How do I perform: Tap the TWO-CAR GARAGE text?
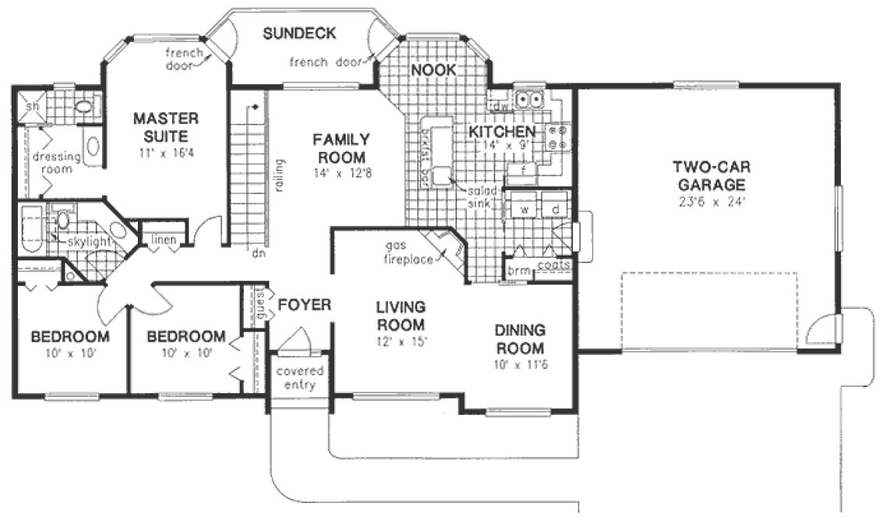tap(711, 175)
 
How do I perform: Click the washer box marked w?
tap(524, 210)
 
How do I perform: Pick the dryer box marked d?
tap(556, 210)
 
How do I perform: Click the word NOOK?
tap(433, 70)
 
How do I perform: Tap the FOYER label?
tap(304, 304)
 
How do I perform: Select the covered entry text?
tap(300, 377)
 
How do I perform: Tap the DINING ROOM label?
tap(520, 339)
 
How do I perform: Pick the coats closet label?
tap(554, 266)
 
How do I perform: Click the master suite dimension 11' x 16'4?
tap(166, 153)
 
